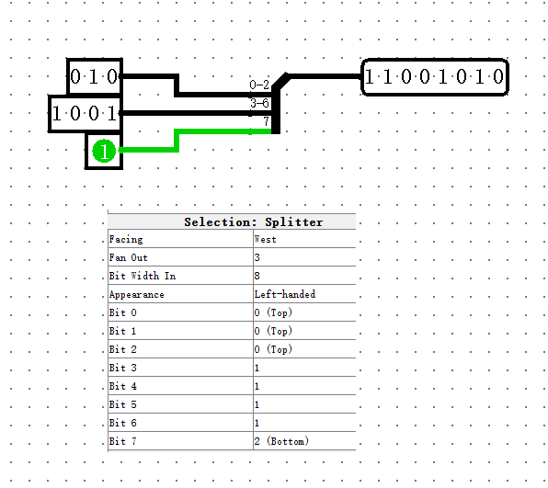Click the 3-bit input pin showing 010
95,77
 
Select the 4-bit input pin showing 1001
85,114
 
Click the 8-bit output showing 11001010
434,77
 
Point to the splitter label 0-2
259,85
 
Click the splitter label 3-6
259,104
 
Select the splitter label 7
266,121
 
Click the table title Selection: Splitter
253,221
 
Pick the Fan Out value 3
257,257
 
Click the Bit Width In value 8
257,276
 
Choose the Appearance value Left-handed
285,294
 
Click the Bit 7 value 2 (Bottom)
281,441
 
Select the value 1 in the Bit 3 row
257,368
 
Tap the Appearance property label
136,294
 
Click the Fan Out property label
128,257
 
